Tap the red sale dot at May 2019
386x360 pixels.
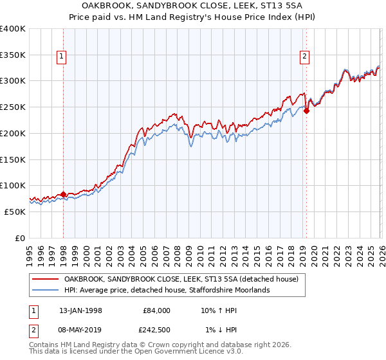[x=306, y=111]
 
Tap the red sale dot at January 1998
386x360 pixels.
[x=63, y=194]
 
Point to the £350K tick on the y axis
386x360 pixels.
[x=13, y=55]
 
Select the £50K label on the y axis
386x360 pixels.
[x=15, y=212]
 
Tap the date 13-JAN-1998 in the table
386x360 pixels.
[x=77, y=310]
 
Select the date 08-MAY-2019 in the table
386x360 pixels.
[x=77, y=330]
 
